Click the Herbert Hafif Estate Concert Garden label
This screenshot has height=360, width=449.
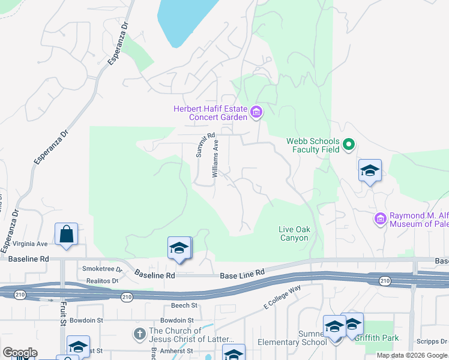pyautogui.click(x=211, y=113)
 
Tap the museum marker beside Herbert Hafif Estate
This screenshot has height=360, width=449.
pyautogui.click(x=256, y=112)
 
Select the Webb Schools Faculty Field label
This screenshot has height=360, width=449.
pyautogui.click(x=313, y=145)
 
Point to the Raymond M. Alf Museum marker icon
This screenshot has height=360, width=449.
pyautogui.click(x=380, y=219)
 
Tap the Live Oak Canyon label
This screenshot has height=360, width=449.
pyautogui.click(x=294, y=233)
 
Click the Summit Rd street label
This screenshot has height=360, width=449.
pyautogui.click(x=205, y=146)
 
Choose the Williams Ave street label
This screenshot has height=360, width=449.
pyautogui.click(x=218, y=157)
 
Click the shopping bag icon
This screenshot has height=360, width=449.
pyautogui.click(x=66, y=234)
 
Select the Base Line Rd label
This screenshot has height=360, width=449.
pyautogui.click(x=243, y=274)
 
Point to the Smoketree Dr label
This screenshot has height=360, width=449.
pyautogui.click(x=102, y=269)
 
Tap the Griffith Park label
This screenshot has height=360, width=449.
pyautogui.click(x=376, y=338)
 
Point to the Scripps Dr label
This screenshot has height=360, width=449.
pyautogui.click(x=432, y=340)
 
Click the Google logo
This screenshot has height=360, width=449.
pyautogui.click(x=20, y=352)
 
